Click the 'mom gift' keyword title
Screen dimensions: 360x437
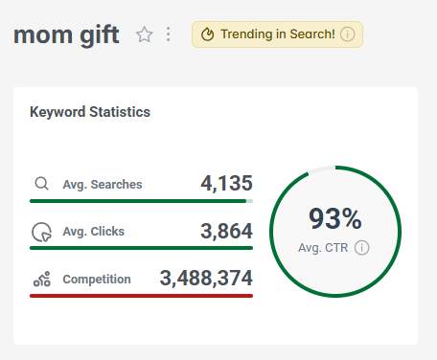(x=66, y=36)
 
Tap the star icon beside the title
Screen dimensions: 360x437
(x=145, y=35)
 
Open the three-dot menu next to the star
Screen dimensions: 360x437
(x=169, y=35)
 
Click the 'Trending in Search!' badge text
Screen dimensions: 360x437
(x=278, y=35)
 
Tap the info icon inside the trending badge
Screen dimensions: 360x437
(x=348, y=35)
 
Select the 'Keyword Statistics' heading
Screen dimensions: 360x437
(x=90, y=112)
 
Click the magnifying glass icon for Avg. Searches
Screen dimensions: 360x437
(x=41, y=184)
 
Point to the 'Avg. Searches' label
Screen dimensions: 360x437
(x=103, y=185)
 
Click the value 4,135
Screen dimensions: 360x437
(x=226, y=183)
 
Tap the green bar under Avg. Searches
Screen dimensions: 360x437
(x=139, y=201)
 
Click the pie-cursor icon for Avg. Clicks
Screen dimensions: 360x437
(x=41, y=232)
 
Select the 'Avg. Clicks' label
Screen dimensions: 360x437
(x=94, y=232)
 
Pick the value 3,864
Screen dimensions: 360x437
(x=226, y=231)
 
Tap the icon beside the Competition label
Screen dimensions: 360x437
(x=41, y=280)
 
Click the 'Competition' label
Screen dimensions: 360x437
(x=97, y=280)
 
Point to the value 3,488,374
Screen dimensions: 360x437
(x=206, y=279)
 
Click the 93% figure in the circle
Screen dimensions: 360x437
(x=334, y=219)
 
